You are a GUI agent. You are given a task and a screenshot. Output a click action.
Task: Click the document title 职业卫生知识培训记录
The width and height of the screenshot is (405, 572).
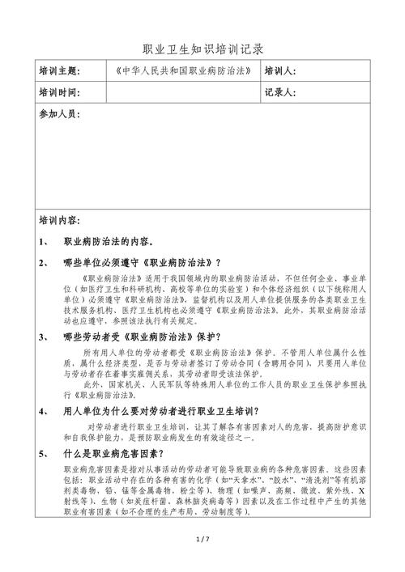tap(202, 49)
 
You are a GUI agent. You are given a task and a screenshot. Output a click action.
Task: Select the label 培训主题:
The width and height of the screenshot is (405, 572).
tap(59, 71)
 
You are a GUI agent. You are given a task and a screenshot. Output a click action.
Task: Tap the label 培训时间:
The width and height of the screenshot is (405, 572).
tap(59, 92)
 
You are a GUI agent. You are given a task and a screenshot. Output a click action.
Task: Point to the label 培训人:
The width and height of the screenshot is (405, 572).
tap(280, 71)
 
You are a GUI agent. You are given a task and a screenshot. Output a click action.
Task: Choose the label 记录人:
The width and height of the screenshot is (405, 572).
tap(280, 92)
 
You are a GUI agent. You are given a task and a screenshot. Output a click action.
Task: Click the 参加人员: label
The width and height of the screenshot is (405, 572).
tap(59, 115)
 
